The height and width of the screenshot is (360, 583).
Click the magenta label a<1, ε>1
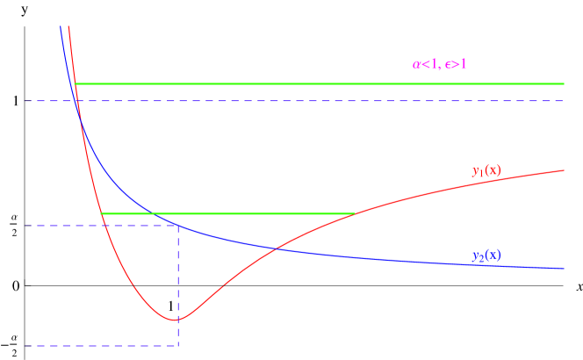pyautogui.click(x=440, y=64)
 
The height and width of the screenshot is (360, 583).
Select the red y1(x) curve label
pyautogui.click(x=486, y=170)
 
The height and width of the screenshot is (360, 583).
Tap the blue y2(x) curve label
pyautogui.click(x=486, y=256)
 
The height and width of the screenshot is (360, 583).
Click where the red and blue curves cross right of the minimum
pyautogui.click(x=277, y=249)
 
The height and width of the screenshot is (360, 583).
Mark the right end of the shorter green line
pyautogui.click(x=354, y=213)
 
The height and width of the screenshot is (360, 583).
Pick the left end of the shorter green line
pyautogui.click(x=101, y=213)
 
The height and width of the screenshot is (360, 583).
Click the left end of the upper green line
pyautogui.click(x=75, y=83)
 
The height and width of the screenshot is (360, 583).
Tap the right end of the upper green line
pyautogui.click(x=564, y=83)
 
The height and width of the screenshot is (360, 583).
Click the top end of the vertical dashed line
pyautogui.click(x=179, y=226)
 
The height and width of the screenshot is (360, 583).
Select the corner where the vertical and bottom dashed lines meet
pyautogui.click(x=179, y=346)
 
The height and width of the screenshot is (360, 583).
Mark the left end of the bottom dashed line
pyautogui.click(x=25, y=346)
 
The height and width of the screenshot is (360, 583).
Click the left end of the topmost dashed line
pyautogui.click(x=25, y=101)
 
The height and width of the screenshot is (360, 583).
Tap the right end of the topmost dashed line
pyautogui.click(x=564, y=101)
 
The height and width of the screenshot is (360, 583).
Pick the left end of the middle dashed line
pyautogui.click(x=25, y=226)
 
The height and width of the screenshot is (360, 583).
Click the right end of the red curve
pyautogui.click(x=564, y=170)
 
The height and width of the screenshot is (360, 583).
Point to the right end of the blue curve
pyautogui.click(x=564, y=268)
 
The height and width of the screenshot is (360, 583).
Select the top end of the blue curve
pyautogui.click(x=60, y=26)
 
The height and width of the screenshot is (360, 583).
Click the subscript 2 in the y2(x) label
pyautogui.click(x=481, y=260)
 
